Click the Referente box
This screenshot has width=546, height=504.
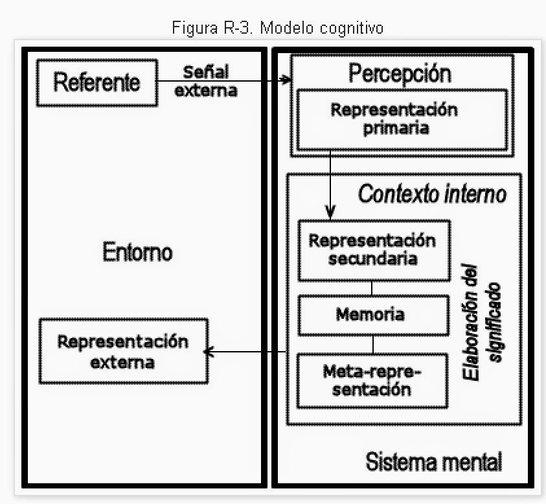(x=97, y=82)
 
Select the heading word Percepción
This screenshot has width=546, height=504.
(x=400, y=73)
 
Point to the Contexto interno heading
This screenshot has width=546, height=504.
(x=433, y=194)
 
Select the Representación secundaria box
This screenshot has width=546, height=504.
(x=372, y=250)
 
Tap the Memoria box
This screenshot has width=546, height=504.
(x=372, y=315)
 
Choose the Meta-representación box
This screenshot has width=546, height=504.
(x=372, y=380)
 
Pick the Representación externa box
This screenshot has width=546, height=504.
(x=123, y=350)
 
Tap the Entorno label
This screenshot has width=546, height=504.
(x=137, y=252)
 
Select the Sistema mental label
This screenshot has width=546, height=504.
(x=433, y=462)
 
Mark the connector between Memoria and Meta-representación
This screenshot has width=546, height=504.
(x=372, y=344)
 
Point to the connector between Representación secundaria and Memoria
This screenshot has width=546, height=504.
(x=372, y=288)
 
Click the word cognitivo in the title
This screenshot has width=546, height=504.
(x=354, y=29)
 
